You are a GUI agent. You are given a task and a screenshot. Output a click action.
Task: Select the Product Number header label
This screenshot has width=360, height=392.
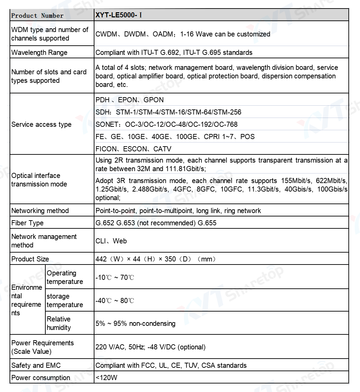(x=37, y=16)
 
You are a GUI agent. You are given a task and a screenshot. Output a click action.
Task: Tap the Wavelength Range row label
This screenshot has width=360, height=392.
(x=39, y=52)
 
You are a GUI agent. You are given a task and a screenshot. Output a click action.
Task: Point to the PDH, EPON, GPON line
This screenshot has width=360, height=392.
(x=130, y=100)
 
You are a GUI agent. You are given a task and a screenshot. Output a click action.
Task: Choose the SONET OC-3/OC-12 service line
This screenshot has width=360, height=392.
(x=166, y=124)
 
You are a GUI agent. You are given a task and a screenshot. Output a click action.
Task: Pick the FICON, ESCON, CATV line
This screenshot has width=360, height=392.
(x=133, y=149)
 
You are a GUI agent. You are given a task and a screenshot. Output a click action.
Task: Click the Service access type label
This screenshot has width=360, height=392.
(x=41, y=124)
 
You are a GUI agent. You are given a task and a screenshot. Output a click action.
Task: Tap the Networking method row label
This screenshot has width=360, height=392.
(x=40, y=211)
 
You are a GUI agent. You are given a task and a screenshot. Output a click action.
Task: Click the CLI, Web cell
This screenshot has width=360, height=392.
(x=111, y=241)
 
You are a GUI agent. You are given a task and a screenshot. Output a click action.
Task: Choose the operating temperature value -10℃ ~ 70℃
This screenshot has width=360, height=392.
(x=115, y=277)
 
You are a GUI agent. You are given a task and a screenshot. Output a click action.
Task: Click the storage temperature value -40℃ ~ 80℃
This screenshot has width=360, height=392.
(x=115, y=301)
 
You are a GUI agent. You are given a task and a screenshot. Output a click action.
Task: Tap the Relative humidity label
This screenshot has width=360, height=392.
(x=59, y=323)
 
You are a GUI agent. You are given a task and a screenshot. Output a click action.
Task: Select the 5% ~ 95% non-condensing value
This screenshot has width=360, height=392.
(x=135, y=323)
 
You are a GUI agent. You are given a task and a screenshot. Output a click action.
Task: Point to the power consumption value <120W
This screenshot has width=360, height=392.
(x=106, y=378)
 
